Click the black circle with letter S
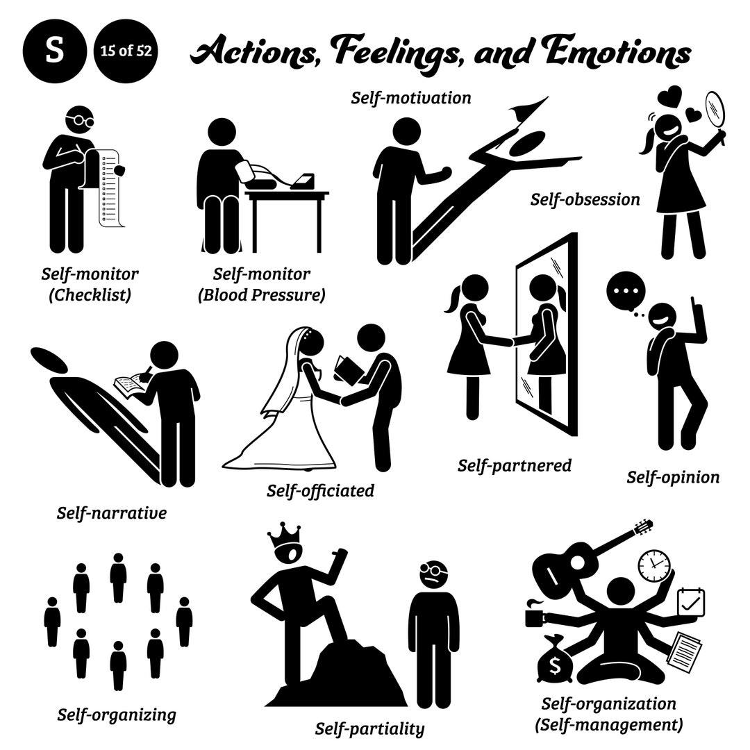54,53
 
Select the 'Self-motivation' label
410,98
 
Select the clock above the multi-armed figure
654,565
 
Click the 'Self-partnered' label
514,465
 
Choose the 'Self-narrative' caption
112,514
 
